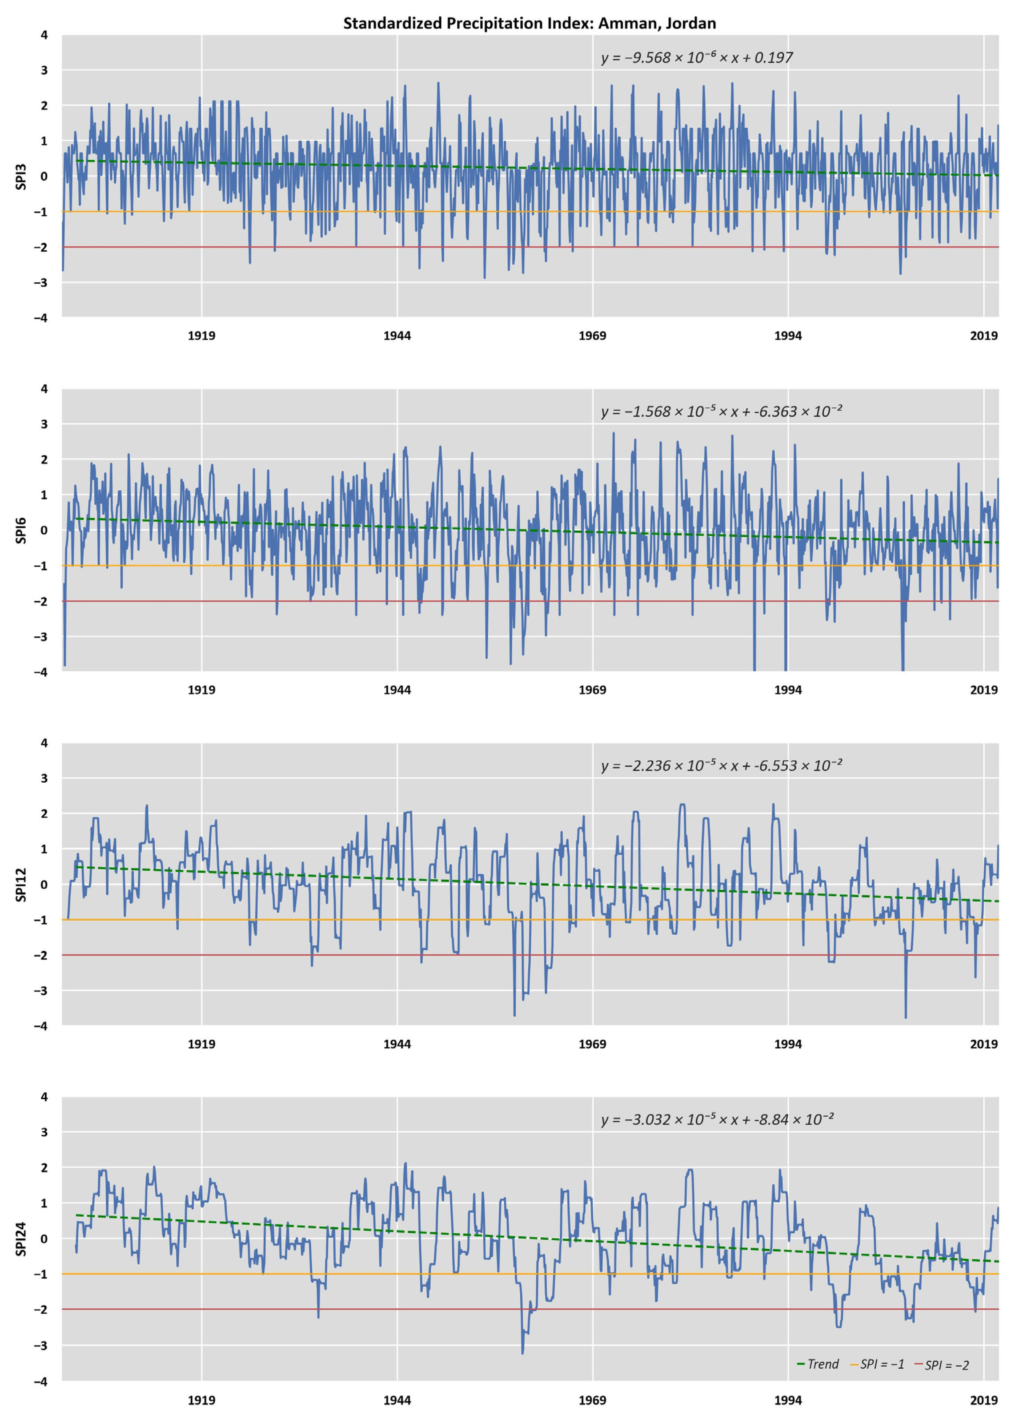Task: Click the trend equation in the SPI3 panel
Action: (696, 57)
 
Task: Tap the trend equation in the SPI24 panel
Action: (717, 1119)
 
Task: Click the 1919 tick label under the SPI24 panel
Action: (201, 1400)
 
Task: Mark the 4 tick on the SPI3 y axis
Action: (44, 35)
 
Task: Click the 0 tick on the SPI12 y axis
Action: (44, 885)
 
